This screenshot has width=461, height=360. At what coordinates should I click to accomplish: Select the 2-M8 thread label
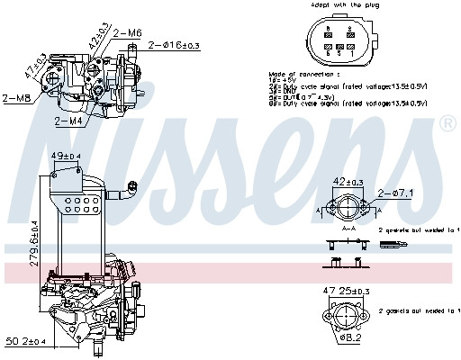(x=17, y=99)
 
